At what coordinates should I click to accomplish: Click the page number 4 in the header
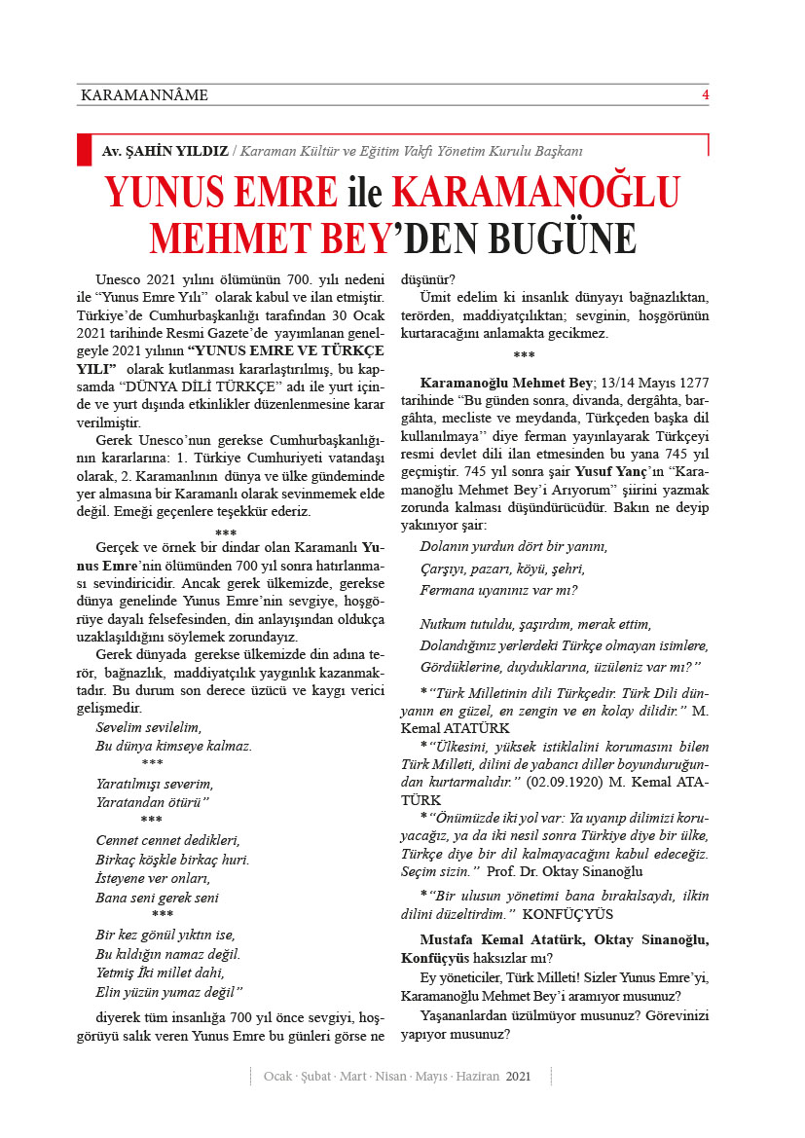[x=706, y=94]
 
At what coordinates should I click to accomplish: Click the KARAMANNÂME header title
[x=145, y=95]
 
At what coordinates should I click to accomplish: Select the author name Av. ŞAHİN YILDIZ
[x=165, y=152]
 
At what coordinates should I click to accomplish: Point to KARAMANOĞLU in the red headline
[x=535, y=192]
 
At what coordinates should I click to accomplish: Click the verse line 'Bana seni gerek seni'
[x=157, y=898]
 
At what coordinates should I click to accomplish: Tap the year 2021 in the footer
[x=518, y=1077]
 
